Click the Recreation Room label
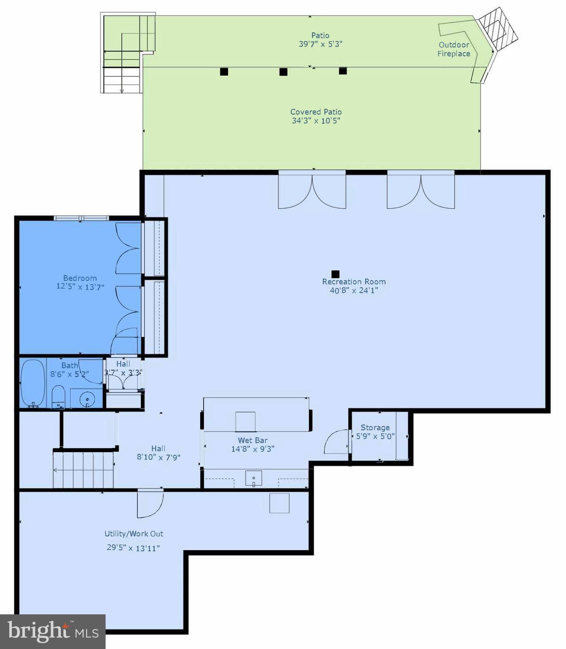(354, 281)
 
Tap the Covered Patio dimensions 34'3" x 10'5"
(316, 121)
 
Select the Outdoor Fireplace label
(454, 49)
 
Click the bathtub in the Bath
(33, 383)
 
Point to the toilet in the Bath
(58, 397)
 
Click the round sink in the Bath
(87, 398)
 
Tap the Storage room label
(375, 428)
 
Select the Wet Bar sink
(253, 479)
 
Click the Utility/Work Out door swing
(150, 504)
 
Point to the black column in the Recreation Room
(335, 274)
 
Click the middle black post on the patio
(283, 72)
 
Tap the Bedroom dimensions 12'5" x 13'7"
(80, 287)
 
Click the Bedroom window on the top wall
(82, 218)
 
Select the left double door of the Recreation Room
(312, 191)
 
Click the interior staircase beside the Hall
(83, 469)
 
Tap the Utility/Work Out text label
(133, 534)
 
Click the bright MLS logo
(53, 631)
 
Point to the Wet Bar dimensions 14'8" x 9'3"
(253, 449)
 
